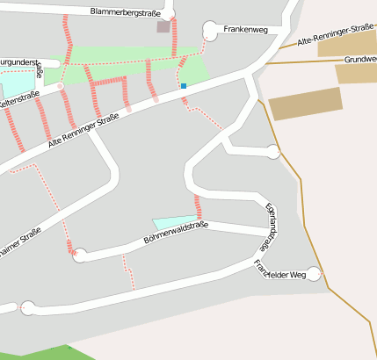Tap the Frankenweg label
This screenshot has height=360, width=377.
(x=245, y=30)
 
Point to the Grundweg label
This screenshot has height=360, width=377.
(x=360, y=59)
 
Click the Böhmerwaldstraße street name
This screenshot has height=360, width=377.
(x=175, y=233)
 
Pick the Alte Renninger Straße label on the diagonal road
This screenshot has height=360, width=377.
(x=83, y=130)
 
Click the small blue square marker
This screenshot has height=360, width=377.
(x=184, y=86)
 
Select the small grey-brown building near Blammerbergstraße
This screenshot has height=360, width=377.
(x=163, y=27)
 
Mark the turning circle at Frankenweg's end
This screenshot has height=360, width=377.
(x=210, y=31)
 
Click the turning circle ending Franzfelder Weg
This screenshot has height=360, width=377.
(x=315, y=275)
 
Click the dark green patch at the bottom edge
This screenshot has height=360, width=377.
(x=70, y=353)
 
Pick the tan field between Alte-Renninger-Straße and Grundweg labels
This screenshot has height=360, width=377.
(x=347, y=45)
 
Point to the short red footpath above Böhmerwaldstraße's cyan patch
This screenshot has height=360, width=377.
(x=199, y=208)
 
